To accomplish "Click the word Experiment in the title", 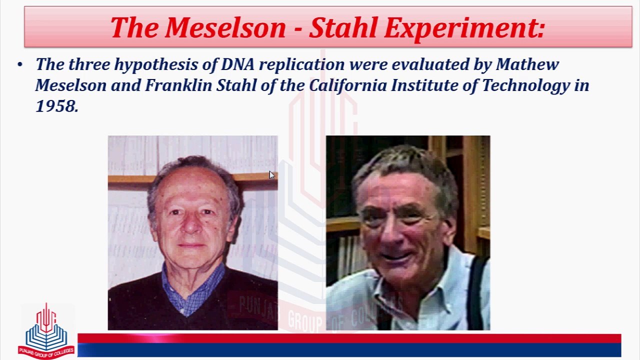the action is tap(464, 28).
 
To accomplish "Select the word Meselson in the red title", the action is tap(225, 27).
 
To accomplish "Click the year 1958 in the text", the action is tap(57, 106).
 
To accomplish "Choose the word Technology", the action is tap(525, 86).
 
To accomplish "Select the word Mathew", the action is tap(527, 64).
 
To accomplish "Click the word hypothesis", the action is tap(156, 65).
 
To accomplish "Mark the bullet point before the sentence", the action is tap(19, 64).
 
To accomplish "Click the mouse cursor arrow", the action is tap(271, 175).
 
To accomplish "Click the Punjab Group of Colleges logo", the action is tap(46, 331).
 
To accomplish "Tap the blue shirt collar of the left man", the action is tap(192, 288).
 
